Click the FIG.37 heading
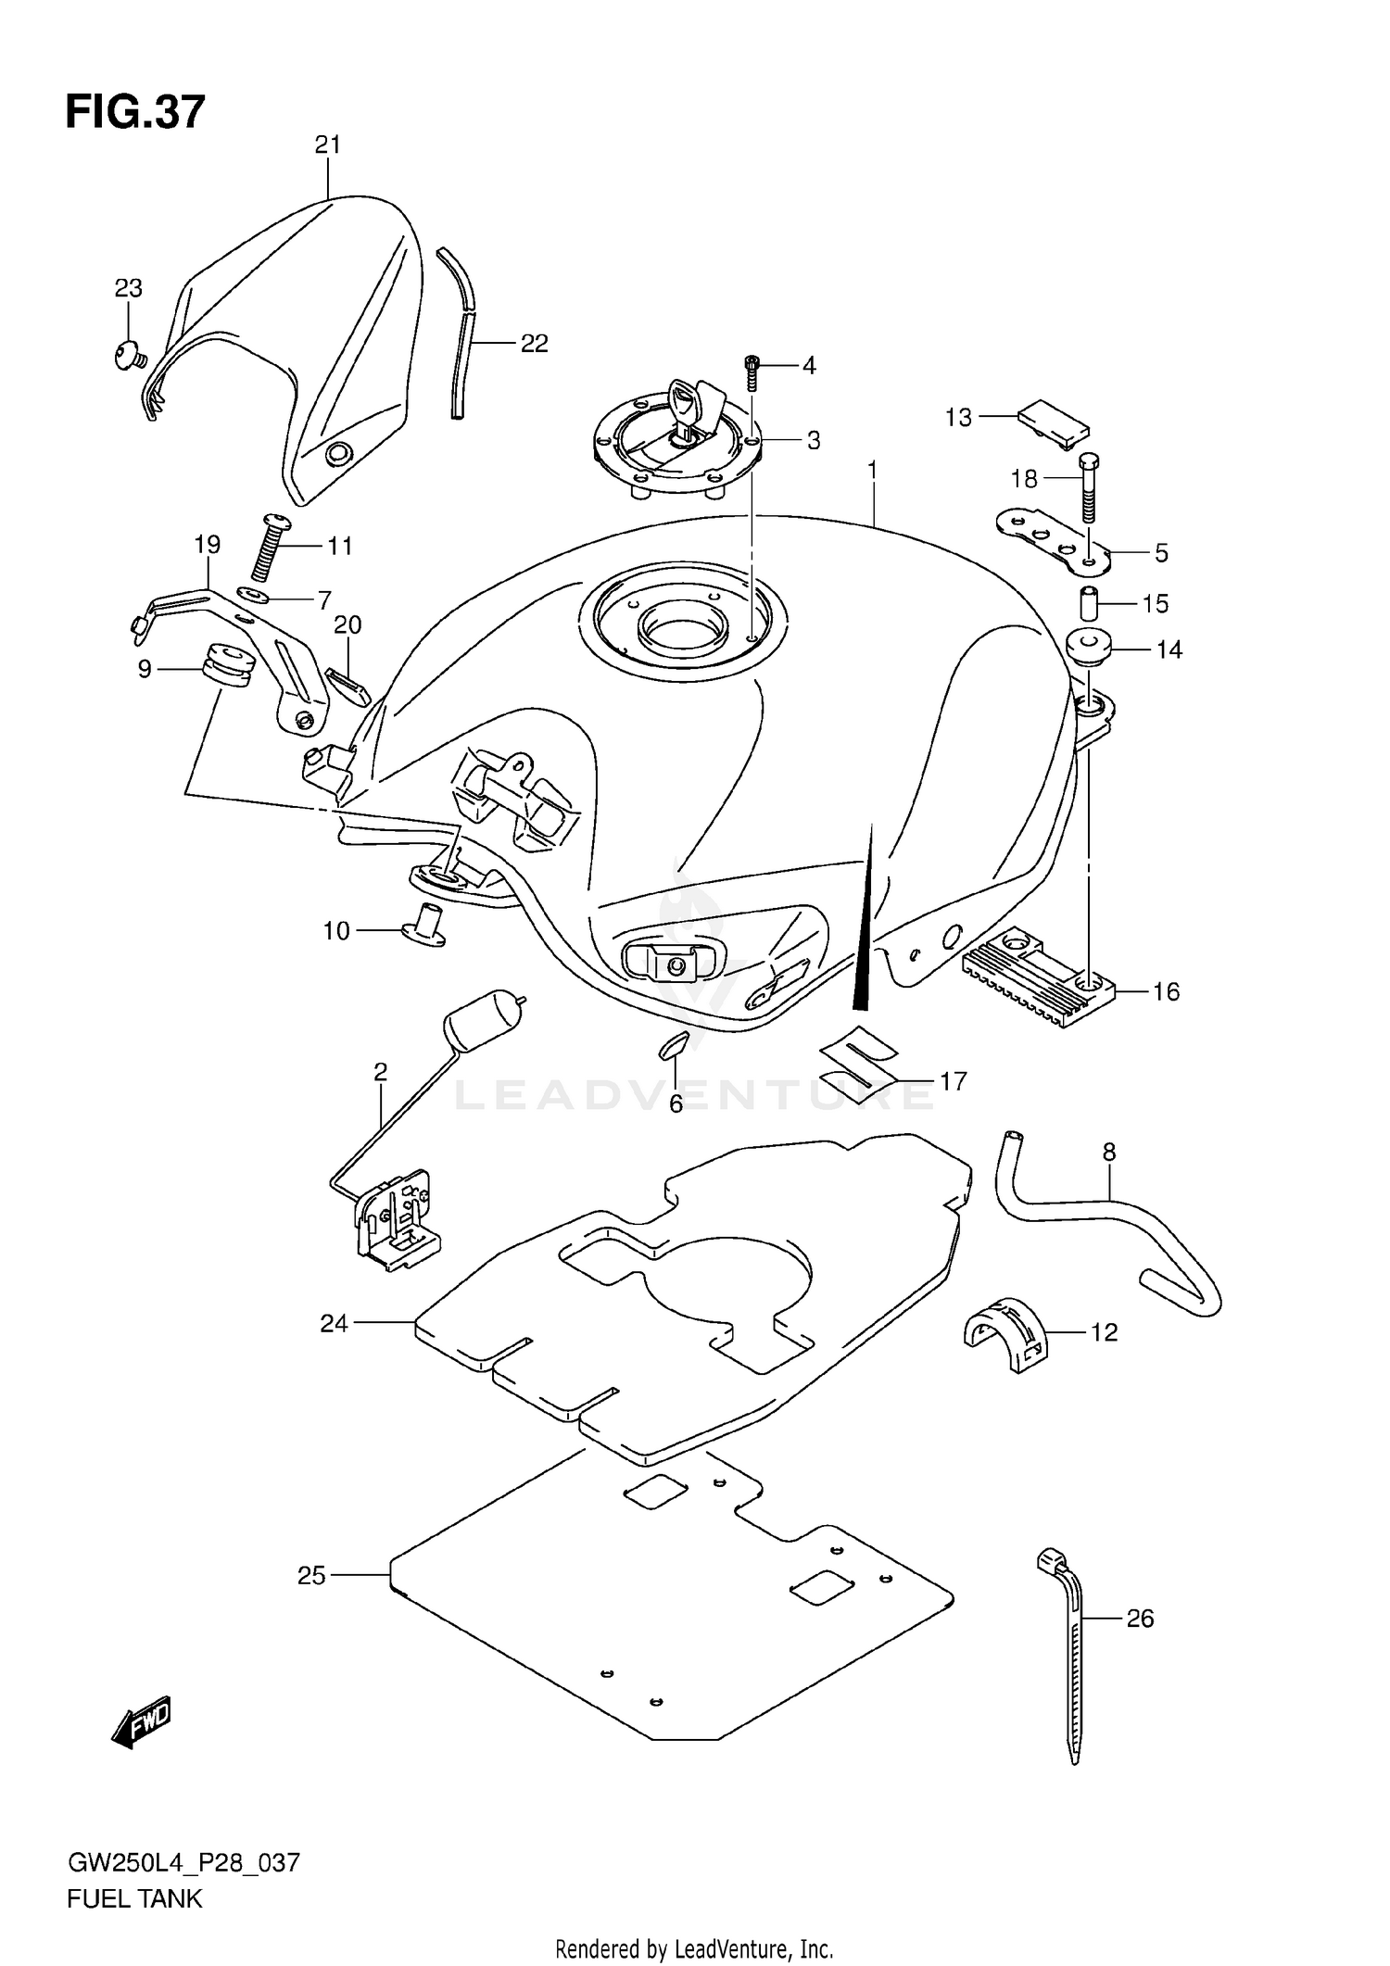click(x=135, y=112)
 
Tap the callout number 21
click(x=328, y=145)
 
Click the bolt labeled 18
click(x=1089, y=488)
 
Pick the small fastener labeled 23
click(x=129, y=354)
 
